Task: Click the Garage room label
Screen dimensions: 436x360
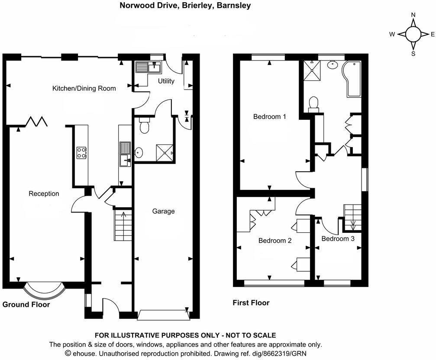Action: [163, 212]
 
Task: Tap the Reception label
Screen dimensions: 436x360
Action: [44, 193]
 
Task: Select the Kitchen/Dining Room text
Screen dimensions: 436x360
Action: [84, 88]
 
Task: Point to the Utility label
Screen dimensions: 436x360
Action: [166, 81]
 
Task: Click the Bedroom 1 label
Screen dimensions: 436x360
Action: [269, 117]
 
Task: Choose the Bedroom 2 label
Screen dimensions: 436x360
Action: [275, 241]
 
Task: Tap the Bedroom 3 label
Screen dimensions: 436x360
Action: [338, 238]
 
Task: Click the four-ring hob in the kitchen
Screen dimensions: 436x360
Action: [81, 153]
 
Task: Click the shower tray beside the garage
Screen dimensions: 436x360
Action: [165, 153]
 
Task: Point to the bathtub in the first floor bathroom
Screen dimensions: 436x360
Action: [352, 79]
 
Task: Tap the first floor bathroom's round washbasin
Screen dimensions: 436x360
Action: [332, 65]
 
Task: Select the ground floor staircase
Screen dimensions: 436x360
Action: [123, 225]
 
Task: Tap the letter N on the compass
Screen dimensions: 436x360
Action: [413, 15]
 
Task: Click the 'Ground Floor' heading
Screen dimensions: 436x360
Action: [26, 305]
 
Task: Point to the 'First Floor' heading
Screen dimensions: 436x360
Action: [251, 303]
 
